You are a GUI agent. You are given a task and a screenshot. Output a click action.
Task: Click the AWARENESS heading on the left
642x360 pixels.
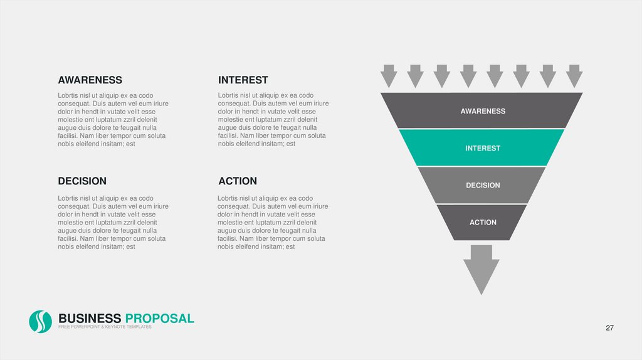coord(90,80)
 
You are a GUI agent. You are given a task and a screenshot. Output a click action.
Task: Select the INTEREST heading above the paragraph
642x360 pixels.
coord(243,80)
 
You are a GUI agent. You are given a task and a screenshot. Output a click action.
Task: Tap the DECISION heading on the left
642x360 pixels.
coord(82,181)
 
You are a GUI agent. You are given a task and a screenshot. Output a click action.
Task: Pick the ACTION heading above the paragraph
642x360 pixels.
coord(238,181)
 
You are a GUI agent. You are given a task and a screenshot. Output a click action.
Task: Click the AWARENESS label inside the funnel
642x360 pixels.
coord(483,111)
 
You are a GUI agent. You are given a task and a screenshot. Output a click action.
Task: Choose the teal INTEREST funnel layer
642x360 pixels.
coord(483,148)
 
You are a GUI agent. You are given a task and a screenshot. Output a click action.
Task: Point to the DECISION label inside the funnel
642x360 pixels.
coord(483,185)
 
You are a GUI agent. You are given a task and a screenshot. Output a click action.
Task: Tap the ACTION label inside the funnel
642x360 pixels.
coord(483,222)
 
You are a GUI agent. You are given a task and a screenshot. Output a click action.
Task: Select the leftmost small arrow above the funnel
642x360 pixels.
coord(389,76)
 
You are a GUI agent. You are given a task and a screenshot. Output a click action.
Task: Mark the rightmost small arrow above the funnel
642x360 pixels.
coord(574,76)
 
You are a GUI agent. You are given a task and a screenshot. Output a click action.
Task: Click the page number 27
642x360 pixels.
coord(609,329)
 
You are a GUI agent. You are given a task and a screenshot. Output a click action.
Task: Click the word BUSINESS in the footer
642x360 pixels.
coord(89,319)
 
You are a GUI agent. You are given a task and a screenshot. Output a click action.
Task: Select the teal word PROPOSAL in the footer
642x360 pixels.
coord(159,319)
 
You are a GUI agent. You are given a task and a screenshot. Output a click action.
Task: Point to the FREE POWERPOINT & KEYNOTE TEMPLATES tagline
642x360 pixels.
coord(105,327)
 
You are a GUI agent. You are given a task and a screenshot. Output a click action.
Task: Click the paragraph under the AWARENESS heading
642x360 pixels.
coord(113,120)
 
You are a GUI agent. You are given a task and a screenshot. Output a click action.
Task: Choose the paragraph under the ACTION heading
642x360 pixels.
coord(273,223)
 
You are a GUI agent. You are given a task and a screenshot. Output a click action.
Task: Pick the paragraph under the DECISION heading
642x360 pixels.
coord(113,223)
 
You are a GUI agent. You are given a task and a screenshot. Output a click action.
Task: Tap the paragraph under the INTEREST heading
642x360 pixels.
coord(273,120)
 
